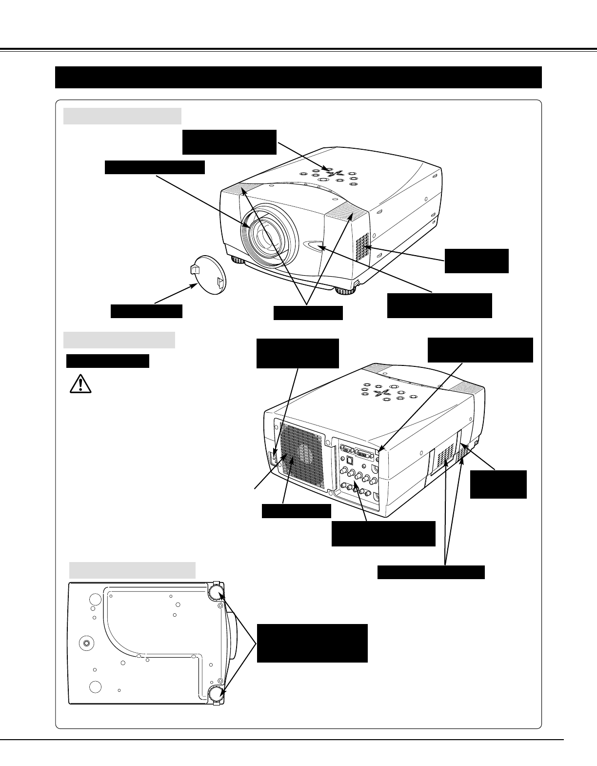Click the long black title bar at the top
pos(298,77)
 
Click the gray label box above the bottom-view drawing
pos(132,570)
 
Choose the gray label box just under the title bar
pos(122,116)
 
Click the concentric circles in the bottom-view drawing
pos(86,644)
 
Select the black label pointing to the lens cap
pos(146,311)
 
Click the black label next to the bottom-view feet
pos(312,643)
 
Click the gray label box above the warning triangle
pos(119,340)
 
